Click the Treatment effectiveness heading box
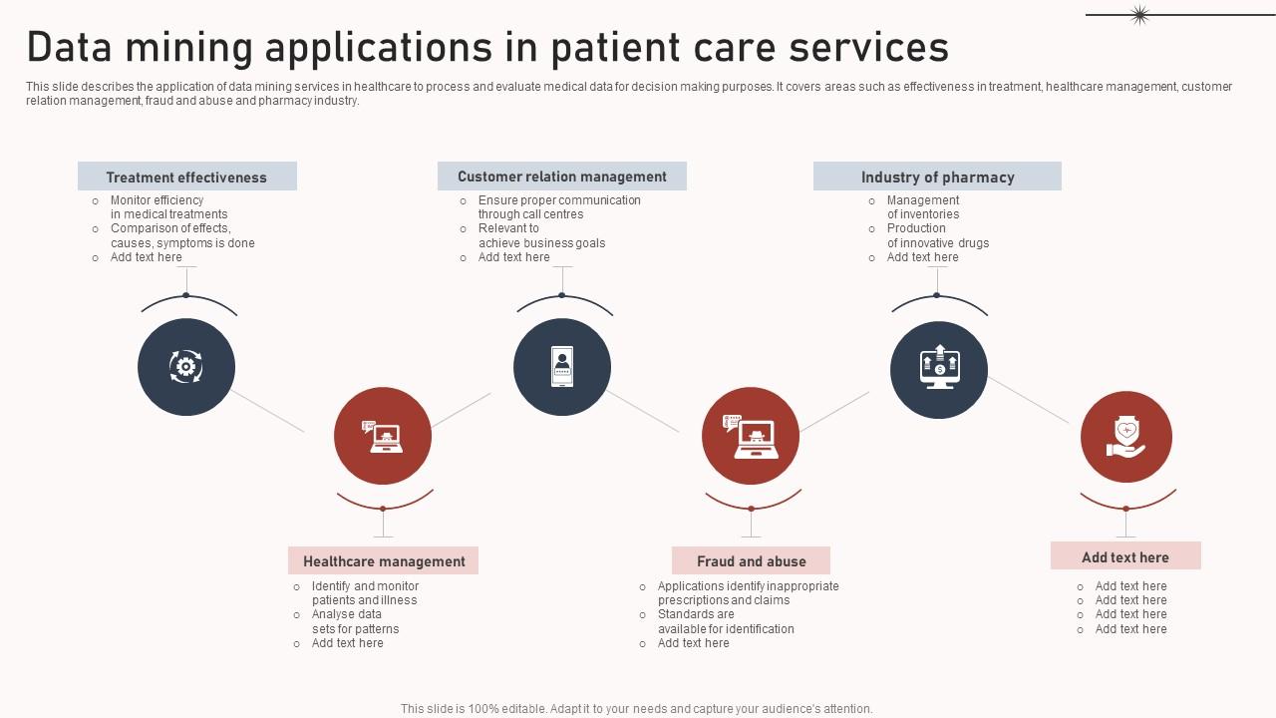coord(186,177)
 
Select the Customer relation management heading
coord(561,177)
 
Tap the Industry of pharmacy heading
coord(937,177)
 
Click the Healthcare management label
coord(384,561)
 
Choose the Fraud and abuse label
coord(751,561)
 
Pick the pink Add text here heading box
coord(1124,556)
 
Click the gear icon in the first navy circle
coord(185,367)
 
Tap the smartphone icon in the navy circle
coord(562,367)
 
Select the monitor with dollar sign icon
coord(938,368)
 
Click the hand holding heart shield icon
coord(1125,437)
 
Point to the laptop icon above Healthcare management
coord(383,437)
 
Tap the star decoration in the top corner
coord(1139,14)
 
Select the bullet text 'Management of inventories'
coord(923,207)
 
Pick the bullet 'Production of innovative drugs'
coord(937,235)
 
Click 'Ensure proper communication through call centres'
coord(558,207)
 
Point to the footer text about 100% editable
coord(636,709)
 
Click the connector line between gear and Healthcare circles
coord(268,411)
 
